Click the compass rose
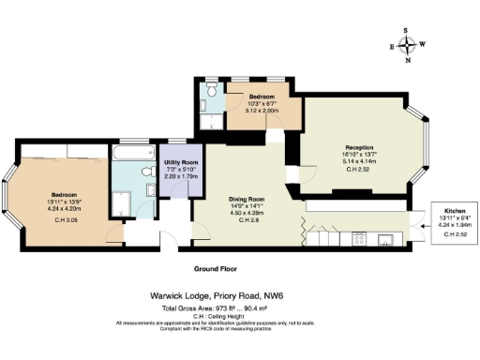[x=406, y=44]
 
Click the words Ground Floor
[x=215, y=268]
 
